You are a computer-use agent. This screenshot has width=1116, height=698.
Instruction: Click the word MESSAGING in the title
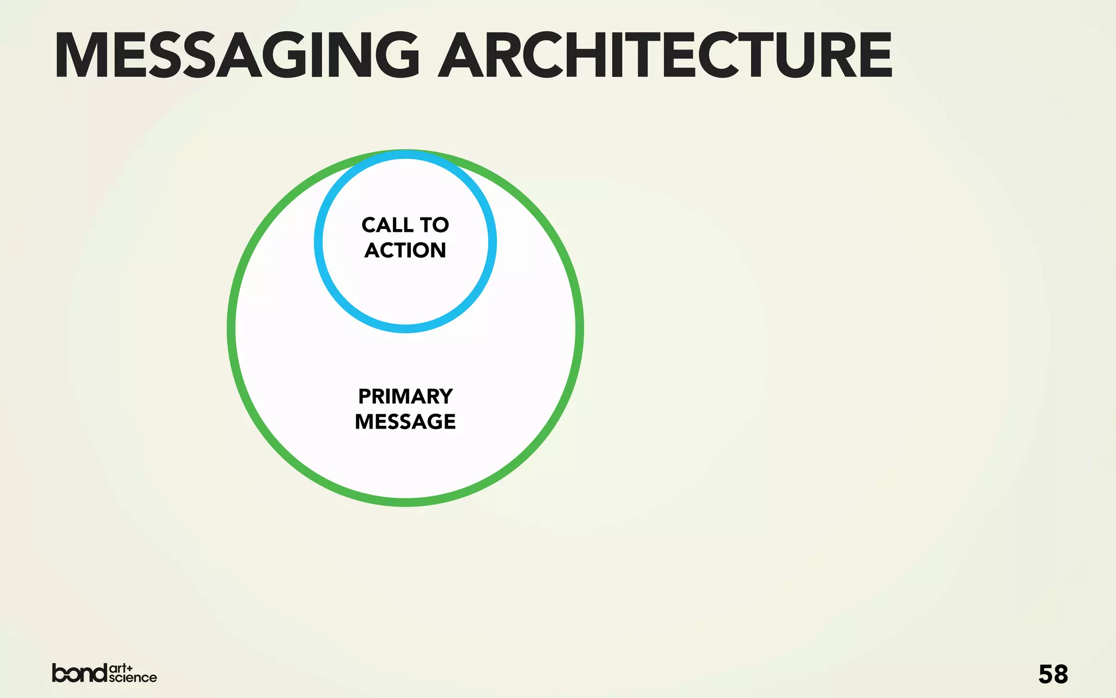[237, 56]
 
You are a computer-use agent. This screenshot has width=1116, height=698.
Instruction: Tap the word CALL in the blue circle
[387, 225]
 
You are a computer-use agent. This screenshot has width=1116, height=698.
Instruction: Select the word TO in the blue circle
[434, 225]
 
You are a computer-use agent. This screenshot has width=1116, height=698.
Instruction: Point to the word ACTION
[405, 250]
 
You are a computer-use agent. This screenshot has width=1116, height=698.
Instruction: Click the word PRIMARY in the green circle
[405, 396]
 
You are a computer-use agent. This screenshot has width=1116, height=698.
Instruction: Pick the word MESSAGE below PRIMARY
[405, 422]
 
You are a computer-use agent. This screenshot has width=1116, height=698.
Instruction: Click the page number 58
[1053, 675]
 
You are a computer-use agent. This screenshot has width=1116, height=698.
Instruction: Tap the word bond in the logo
[80, 673]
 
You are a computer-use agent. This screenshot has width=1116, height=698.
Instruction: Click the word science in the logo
[133, 678]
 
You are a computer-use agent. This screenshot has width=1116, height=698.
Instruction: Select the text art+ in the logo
[120, 668]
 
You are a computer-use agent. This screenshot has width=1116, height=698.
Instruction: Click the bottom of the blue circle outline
[405, 329]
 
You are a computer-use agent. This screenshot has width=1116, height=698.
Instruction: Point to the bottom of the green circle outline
[405, 502]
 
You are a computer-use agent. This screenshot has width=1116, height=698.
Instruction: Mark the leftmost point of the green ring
[231, 328]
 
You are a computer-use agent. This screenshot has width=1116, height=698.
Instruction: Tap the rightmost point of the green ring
[580, 328]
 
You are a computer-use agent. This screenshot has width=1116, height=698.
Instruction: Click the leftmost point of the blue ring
[318, 242]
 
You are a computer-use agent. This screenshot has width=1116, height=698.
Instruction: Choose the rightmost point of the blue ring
[493, 242]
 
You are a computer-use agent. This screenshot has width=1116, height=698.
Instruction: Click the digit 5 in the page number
[1046, 675]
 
